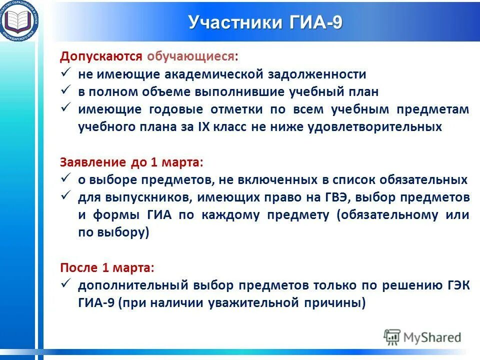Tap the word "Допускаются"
coord(102,56)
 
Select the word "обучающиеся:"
coord(192,56)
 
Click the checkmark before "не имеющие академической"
coord(65,73)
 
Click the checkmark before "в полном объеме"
coord(65,91)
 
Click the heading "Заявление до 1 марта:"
coord(132,162)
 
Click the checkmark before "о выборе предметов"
coord(65,178)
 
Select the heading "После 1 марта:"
coord(107,267)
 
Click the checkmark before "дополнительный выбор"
coord(65,284)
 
